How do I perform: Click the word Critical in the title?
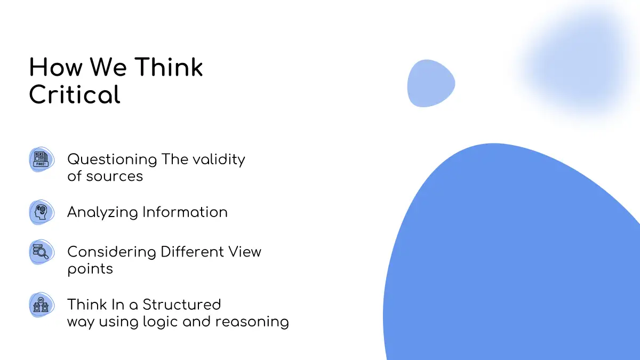[x=75, y=94]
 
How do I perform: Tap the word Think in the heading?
[x=169, y=67]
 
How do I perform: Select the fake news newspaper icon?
[x=42, y=159]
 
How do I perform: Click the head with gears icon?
[x=42, y=212]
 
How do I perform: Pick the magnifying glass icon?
[x=42, y=252]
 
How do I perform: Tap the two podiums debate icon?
[x=42, y=305]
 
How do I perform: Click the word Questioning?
[x=113, y=159]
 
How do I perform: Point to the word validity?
[x=219, y=159]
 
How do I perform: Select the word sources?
[x=115, y=177]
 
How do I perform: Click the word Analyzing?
[x=102, y=213]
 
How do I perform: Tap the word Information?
[x=185, y=212]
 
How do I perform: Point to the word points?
[x=90, y=270]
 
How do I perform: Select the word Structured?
[x=182, y=305]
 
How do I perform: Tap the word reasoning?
[x=252, y=322]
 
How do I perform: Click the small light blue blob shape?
[x=431, y=83]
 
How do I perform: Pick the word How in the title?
[x=56, y=67]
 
